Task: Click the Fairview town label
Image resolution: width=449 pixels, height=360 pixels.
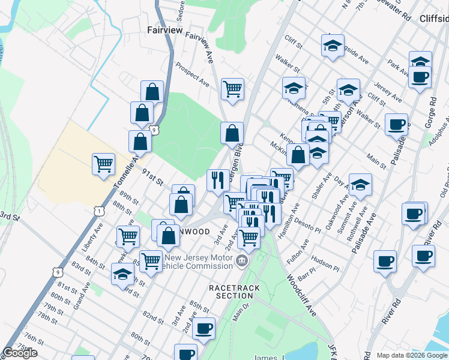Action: (164, 29)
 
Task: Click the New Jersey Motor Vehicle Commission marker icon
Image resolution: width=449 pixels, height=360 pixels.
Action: (241, 260)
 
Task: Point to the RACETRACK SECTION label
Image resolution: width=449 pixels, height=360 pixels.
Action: (235, 292)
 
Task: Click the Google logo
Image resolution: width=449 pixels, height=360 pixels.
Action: (20, 353)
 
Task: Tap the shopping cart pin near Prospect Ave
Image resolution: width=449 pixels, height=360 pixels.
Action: (232, 89)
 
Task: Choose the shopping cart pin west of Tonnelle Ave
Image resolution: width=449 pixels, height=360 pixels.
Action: (103, 163)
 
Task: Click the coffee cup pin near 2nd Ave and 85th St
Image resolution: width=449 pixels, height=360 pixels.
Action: (205, 328)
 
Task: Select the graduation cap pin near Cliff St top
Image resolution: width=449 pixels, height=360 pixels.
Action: (332, 45)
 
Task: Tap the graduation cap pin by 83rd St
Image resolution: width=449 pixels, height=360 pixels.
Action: (122, 274)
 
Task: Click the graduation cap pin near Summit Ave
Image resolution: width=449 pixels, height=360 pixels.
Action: (360, 184)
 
